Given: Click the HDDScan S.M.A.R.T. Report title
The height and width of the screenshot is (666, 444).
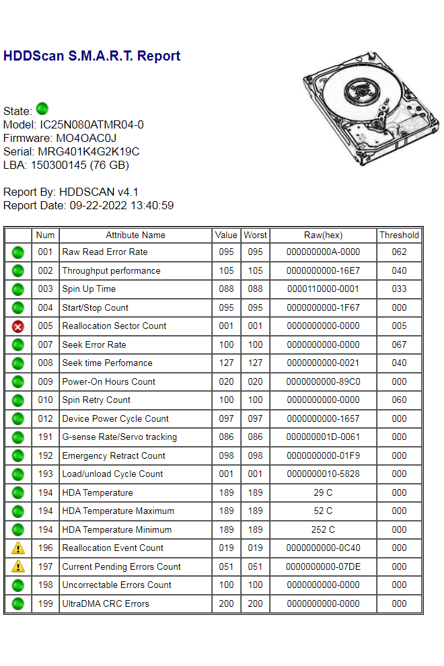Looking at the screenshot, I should tap(91, 56).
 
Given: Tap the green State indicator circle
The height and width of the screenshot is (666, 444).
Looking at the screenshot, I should tap(42, 108).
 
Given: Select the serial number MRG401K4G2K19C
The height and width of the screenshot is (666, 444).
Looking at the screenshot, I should tap(88, 151).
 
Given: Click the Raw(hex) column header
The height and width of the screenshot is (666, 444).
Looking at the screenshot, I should tap(323, 235).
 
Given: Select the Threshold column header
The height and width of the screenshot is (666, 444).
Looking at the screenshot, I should tap(399, 235).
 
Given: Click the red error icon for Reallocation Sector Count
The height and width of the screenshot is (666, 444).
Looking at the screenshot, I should tap(18, 326).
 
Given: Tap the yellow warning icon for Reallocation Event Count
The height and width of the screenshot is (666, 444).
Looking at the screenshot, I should tap(18, 548).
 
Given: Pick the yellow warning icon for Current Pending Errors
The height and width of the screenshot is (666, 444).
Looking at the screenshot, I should tap(18, 566).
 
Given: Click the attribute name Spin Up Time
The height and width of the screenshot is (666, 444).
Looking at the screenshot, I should tap(89, 289).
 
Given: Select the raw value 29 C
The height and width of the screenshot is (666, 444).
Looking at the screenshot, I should tap(323, 492).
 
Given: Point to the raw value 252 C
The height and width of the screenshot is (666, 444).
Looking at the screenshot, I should tap(323, 529).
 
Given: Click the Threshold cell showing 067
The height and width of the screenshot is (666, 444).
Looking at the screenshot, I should tap(399, 344).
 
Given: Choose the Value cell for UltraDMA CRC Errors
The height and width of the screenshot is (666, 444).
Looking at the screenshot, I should tap(227, 603).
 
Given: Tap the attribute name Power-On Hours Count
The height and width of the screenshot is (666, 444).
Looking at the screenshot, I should tap(108, 381).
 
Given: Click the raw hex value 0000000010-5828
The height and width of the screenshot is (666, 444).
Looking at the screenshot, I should tap(323, 474).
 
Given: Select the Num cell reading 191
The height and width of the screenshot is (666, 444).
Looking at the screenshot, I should tap(45, 437).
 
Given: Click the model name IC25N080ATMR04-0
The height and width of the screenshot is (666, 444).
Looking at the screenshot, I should tap(91, 124).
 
